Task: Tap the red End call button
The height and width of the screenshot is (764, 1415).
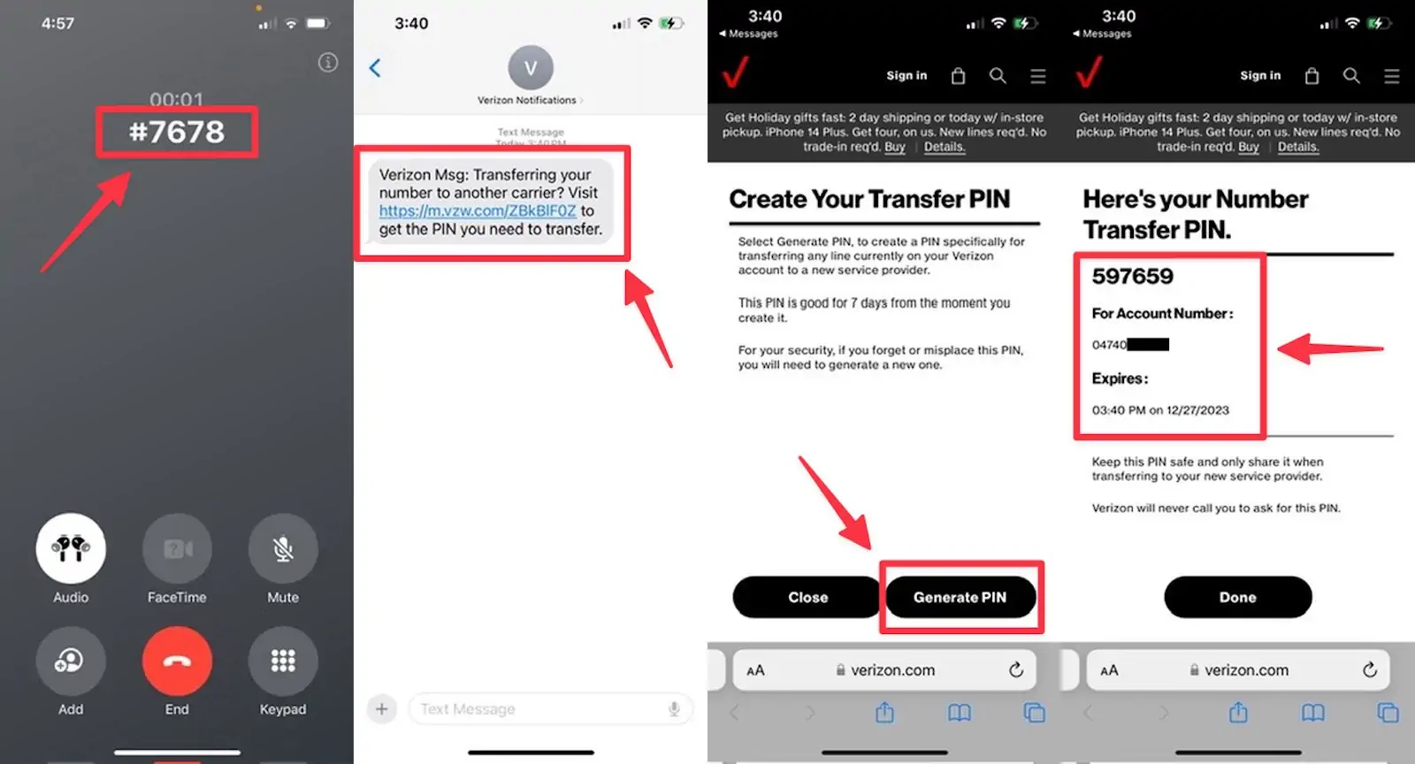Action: [x=177, y=661]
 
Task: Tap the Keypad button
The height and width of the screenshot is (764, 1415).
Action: [x=283, y=661]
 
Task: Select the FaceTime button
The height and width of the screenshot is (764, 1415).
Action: [x=177, y=549]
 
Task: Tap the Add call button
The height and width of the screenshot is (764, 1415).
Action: [x=71, y=661]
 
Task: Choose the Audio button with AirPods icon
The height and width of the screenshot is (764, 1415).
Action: [x=71, y=549]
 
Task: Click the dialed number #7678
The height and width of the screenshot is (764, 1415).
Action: [x=177, y=132]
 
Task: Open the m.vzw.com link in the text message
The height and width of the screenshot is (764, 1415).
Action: [x=478, y=210]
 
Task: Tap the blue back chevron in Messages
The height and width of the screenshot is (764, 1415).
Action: [x=375, y=68]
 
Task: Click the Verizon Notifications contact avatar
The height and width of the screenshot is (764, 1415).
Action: [x=531, y=68]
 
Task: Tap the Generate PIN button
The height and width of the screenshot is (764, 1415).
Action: [x=960, y=597]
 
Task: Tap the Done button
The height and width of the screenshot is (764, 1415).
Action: [x=1237, y=597]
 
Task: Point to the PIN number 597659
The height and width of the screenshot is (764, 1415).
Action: [x=1132, y=276]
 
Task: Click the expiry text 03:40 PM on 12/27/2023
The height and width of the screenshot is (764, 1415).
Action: [x=1160, y=410]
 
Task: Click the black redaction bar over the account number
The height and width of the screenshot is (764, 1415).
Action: [x=1148, y=344]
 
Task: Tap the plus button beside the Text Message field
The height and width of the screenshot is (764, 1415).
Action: [x=382, y=708]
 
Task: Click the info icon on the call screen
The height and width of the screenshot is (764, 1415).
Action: [x=328, y=62]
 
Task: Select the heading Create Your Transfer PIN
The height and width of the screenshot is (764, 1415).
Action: [x=869, y=199]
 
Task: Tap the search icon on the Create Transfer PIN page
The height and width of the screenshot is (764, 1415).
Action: [x=998, y=76]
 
